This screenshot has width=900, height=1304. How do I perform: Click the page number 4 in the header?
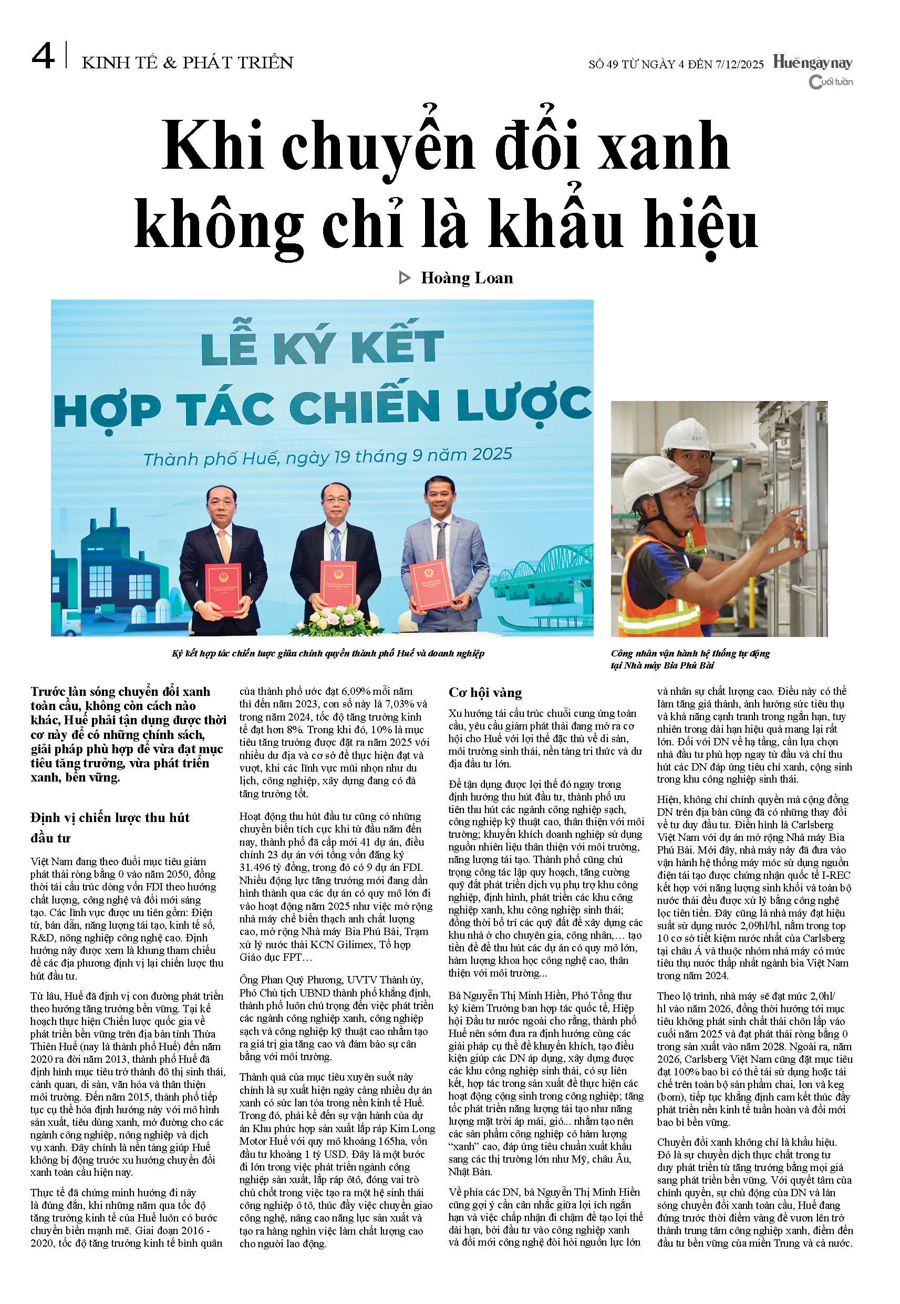click(x=43, y=57)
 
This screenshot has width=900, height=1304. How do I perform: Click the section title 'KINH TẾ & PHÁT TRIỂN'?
click(x=187, y=63)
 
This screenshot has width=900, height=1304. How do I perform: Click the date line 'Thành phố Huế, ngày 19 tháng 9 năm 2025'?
click(x=328, y=456)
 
